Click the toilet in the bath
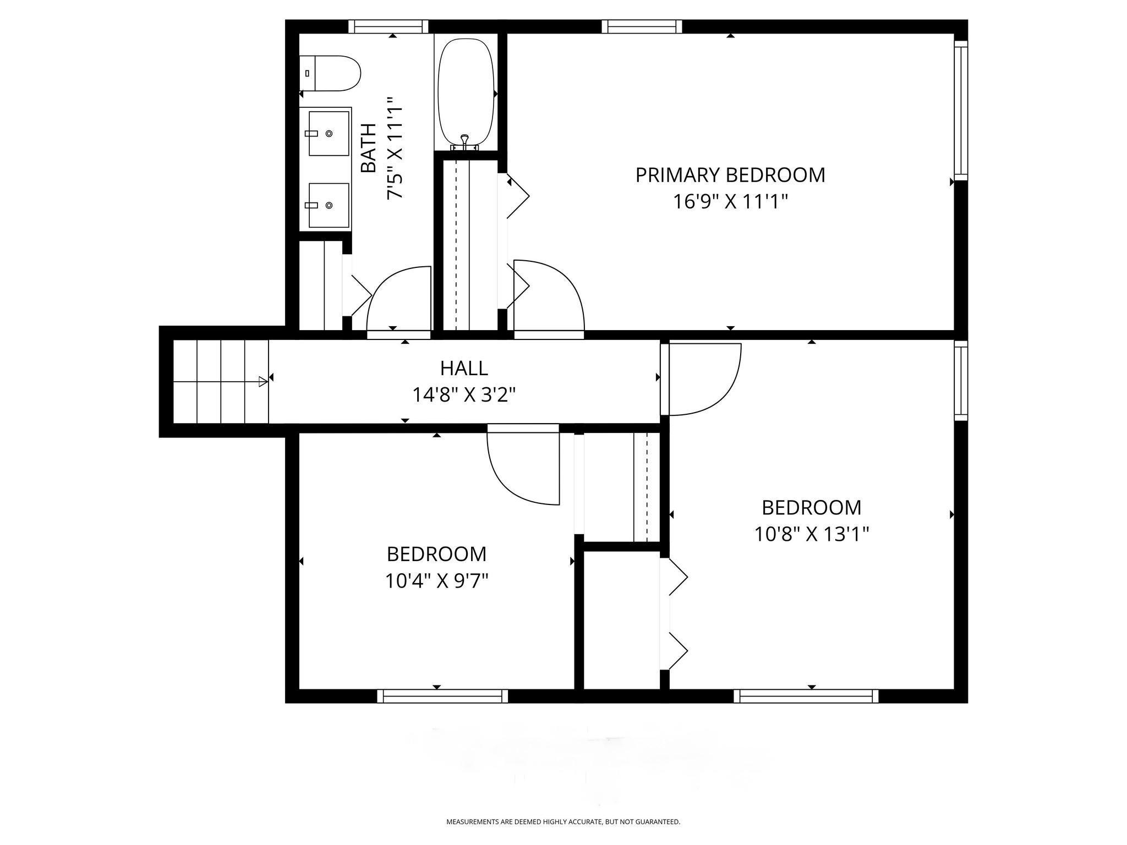[x=330, y=73]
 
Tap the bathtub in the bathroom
[x=466, y=92]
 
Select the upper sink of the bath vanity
[x=329, y=134]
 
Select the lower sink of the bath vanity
[x=329, y=205]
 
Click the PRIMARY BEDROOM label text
[x=730, y=175]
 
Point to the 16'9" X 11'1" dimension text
[x=730, y=202]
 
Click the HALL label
[x=464, y=367]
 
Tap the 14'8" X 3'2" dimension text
[x=464, y=394]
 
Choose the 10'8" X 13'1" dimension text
[x=812, y=534]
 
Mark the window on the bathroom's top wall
[x=389, y=26]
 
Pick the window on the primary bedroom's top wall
[x=642, y=26]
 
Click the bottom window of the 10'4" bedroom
[x=442, y=696]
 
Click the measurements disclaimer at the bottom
[x=563, y=822]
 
